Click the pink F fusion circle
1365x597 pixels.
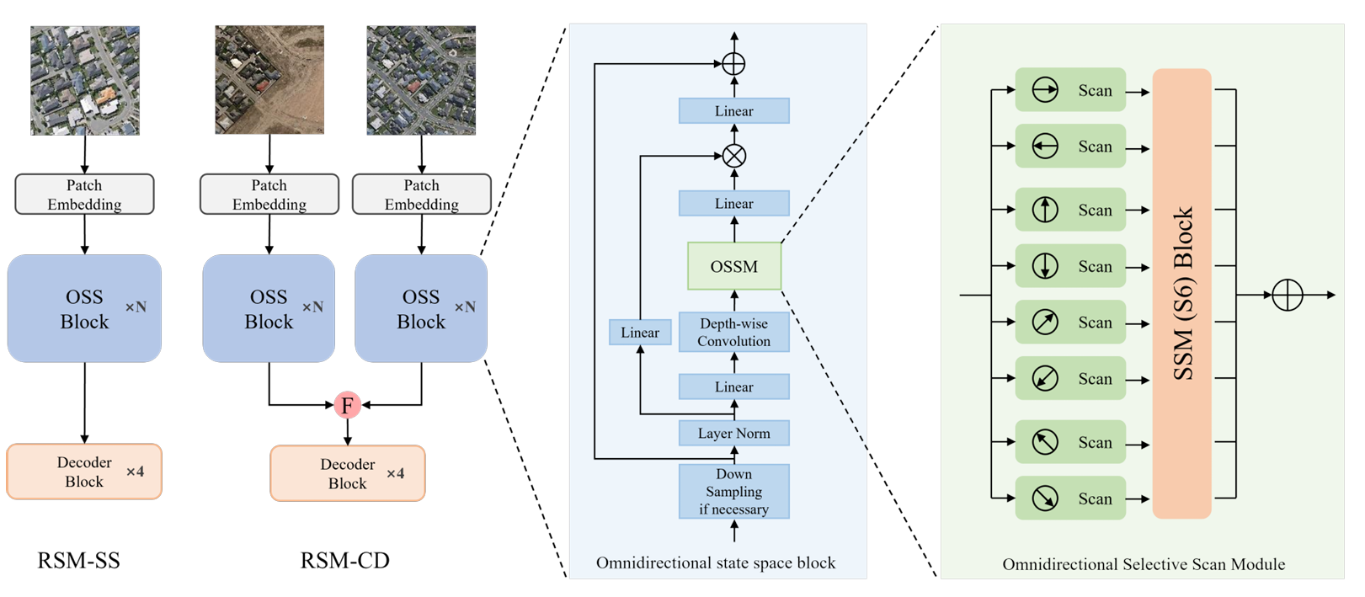(x=347, y=405)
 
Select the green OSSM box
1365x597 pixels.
(x=734, y=266)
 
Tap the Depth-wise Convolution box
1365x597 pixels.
(x=734, y=333)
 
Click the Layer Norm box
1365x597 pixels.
(x=734, y=434)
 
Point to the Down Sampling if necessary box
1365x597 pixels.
(x=734, y=492)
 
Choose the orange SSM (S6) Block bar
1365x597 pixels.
(x=1181, y=293)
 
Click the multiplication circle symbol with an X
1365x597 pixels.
(x=734, y=156)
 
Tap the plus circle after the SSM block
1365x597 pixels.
(x=1288, y=295)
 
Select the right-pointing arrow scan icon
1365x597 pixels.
(x=1045, y=90)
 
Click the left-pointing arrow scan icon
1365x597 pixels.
(x=1045, y=147)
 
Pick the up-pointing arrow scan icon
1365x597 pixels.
(x=1045, y=210)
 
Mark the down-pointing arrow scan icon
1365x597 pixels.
(x=1045, y=266)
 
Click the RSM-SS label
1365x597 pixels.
(x=78, y=560)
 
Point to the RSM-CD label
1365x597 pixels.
(x=345, y=560)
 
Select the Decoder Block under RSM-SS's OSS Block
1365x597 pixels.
(x=84, y=472)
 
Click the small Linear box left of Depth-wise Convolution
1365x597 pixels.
(x=640, y=333)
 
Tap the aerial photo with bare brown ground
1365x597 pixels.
(x=269, y=80)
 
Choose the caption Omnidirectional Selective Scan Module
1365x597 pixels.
(x=1144, y=564)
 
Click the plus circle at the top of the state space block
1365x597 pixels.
(x=734, y=63)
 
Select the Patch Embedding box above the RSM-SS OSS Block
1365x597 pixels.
(x=84, y=195)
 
